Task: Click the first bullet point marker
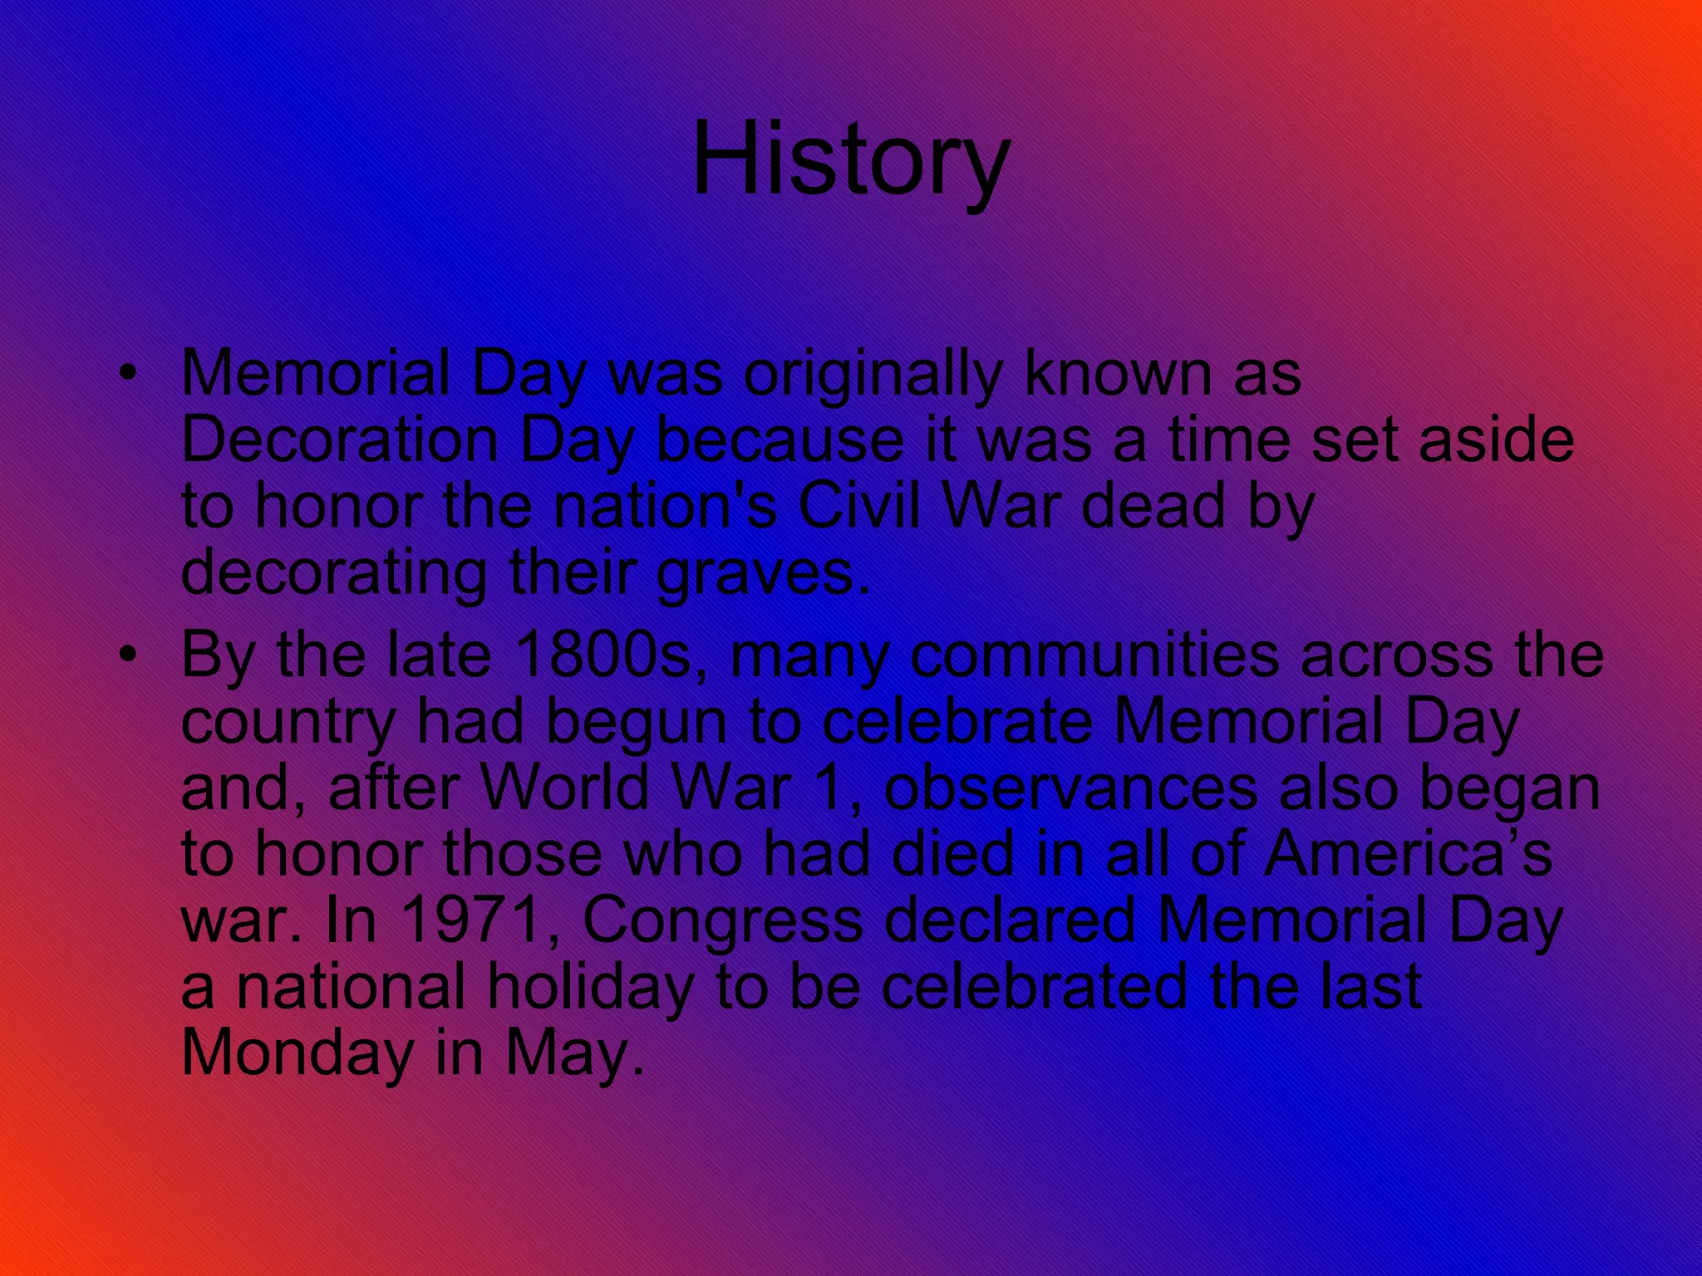coord(126,373)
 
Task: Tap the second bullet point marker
coord(126,655)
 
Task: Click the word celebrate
coord(957,721)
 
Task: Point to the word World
coord(566,787)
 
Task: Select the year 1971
coord(470,920)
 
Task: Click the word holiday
coord(591,987)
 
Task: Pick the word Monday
coord(297,1053)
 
